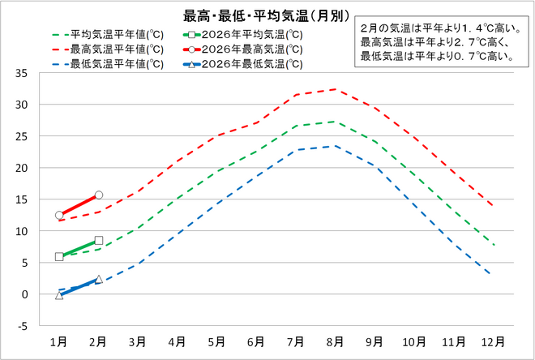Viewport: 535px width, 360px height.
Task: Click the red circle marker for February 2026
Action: click(98, 195)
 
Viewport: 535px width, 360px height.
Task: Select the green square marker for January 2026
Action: click(59, 256)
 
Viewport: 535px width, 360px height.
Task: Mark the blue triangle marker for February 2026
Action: click(98, 279)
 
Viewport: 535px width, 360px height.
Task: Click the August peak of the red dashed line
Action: click(335, 89)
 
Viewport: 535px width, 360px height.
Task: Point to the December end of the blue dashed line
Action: click(491, 275)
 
